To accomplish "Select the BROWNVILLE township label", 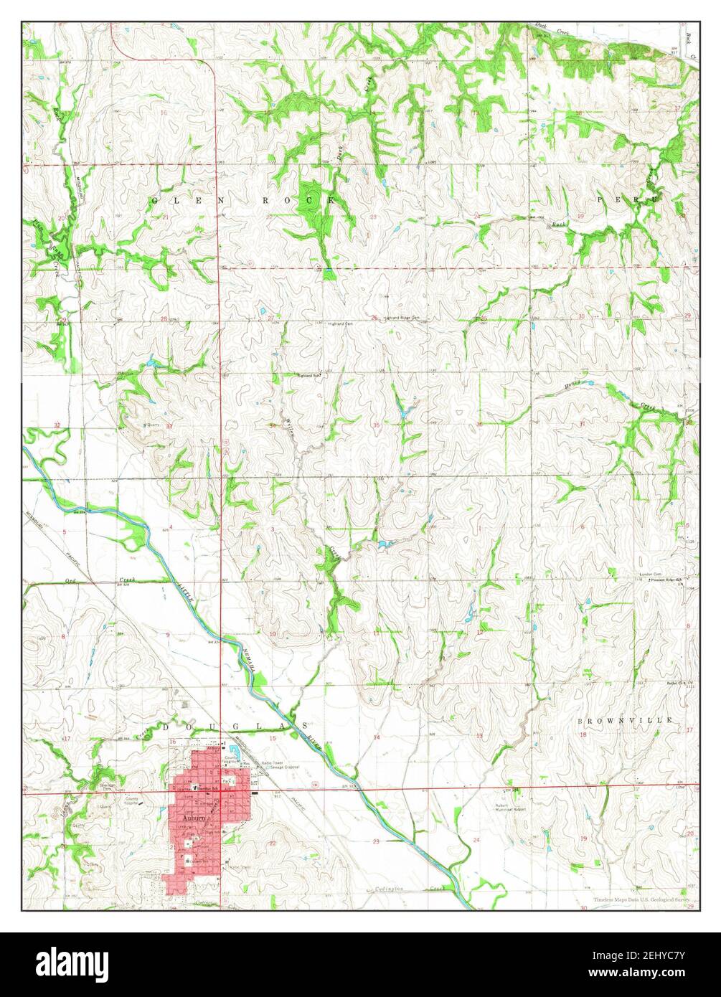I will [x=626, y=719].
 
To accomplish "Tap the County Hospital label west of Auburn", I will [x=132, y=801].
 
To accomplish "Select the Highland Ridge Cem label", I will [x=400, y=317].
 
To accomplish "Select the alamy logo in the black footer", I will [x=72, y=962].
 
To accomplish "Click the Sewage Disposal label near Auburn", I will [x=281, y=767].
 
